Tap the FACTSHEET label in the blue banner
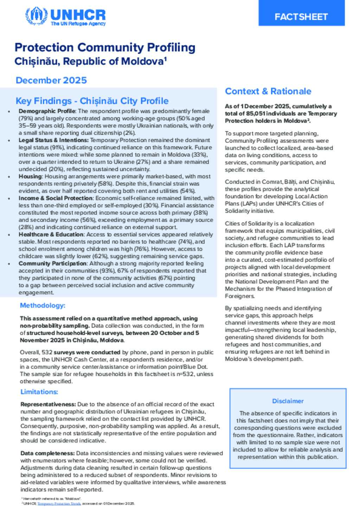click(301, 17)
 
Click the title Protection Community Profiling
click(105, 47)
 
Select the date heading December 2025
click(51, 80)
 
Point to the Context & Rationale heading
click(268, 91)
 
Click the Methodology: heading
click(43, 306)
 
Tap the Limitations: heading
click(39, 392)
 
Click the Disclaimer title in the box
click(288, 401)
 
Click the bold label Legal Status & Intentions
click(53, 140)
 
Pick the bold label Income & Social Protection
click(56, 198)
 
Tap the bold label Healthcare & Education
click(51, 234)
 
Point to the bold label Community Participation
click(52, 263)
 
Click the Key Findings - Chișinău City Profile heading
click(92, 101)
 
